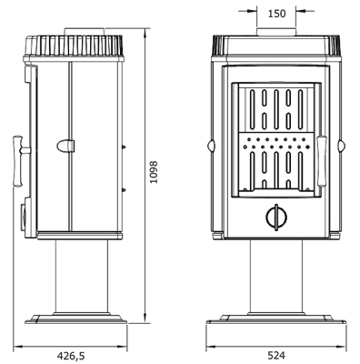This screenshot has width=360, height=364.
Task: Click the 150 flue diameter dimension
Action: point(276,14)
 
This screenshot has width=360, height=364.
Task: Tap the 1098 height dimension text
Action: point(154,172)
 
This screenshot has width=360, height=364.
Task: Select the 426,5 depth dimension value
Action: point(71,356)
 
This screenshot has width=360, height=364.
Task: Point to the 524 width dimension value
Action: point(276,355)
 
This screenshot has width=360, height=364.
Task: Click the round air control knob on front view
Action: point(276,217)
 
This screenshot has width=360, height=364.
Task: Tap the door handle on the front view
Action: point(322,161)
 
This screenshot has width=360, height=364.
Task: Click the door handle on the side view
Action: point(19,161)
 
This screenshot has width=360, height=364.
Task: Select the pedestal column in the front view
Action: point(276,277)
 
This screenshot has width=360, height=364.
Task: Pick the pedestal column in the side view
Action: point(82,276)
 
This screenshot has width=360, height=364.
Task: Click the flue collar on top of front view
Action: point(276,32)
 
